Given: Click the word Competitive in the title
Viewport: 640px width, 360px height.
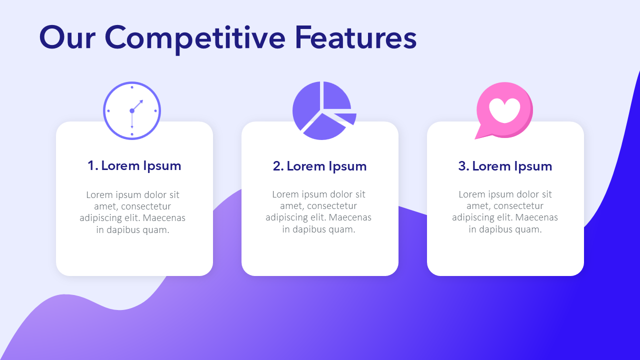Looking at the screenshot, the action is pos(195,39).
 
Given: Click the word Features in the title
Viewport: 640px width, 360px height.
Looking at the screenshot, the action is pos(355,37).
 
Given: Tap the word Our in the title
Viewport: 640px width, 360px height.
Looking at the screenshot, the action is pos(67,37).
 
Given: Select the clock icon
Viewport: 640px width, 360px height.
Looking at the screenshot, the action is pos(132,111).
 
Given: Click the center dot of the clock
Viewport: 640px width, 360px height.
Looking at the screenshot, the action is pos(132,111).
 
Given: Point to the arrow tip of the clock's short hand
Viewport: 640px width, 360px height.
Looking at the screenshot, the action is pos(142,100).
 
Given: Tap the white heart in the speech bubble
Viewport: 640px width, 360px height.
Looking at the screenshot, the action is pos(504,110).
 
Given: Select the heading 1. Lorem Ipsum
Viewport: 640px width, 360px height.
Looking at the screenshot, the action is pos(134,166).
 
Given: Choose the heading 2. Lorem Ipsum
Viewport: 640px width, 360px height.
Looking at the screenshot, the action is pos(319,166).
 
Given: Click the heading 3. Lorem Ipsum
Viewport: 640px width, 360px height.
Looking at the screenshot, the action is pos(505,166).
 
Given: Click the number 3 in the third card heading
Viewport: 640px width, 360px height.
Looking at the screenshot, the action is pos(462,166).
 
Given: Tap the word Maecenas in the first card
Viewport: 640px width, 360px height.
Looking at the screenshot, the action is pos(164,218).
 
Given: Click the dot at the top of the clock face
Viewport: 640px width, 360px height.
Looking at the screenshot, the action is pos(132,87).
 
